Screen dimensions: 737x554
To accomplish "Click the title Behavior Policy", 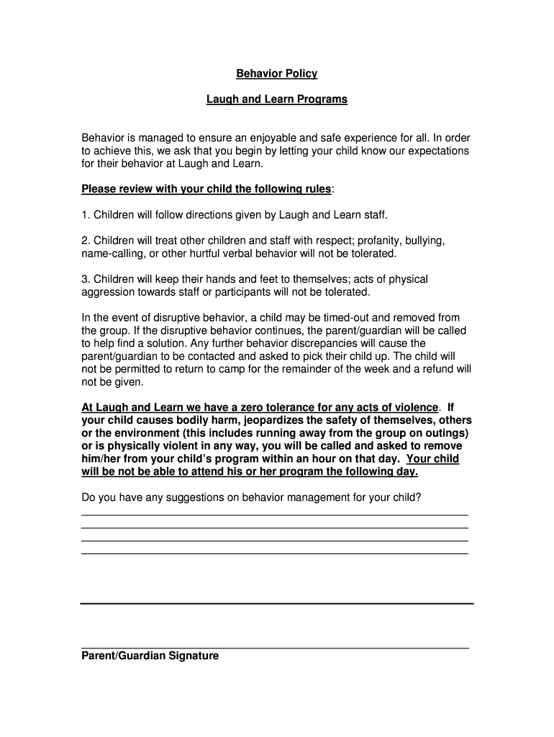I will [277, 73].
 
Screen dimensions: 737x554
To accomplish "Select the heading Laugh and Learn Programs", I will [277, 99].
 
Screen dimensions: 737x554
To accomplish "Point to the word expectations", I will [430, 150].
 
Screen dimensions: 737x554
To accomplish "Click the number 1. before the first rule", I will [86, 214].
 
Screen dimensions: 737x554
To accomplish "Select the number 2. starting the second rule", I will [86, 240].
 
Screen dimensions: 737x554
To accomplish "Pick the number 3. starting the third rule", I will [86, 279].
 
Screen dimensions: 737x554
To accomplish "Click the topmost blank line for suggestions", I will [275, 515].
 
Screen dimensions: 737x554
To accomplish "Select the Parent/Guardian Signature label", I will [150, 656].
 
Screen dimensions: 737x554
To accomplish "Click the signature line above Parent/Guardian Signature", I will [275, 648].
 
